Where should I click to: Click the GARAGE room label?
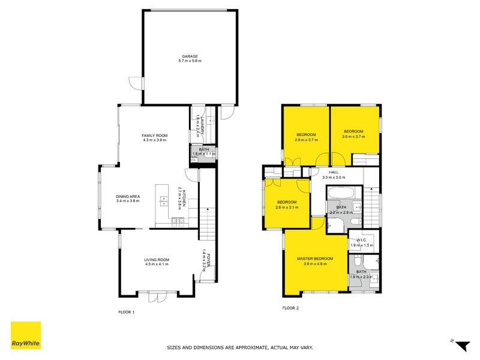tap(190, 56)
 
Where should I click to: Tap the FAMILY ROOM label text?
tap(155, 135)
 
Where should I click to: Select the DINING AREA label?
tap(128, 196)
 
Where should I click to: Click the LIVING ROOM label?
tap(156, 259)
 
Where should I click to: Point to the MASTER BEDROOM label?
tap(315, 259)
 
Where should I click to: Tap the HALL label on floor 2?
tap(334, 172)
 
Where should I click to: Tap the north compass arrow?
tap(462, 346)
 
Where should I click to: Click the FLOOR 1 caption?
tap(127, 312)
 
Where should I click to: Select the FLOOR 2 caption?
tap(290, 308)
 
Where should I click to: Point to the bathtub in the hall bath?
tap(342, 194)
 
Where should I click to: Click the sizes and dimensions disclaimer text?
tap(239, 347)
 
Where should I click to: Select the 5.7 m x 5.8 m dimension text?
tap(190, 61)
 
